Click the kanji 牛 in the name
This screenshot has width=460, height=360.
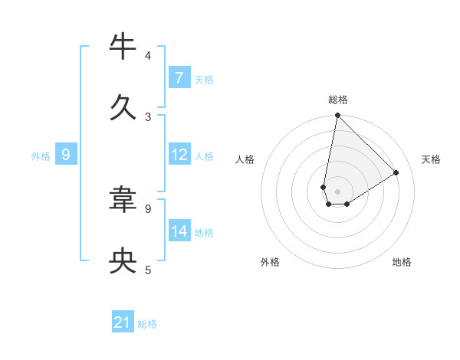pos(123,47)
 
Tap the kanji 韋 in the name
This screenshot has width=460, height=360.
pos(123,201)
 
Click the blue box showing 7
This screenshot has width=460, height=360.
pos(179,78)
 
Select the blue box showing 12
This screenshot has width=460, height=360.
pos(179,155)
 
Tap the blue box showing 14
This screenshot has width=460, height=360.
pos(179,231)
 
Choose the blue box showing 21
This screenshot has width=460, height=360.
pos(123,323)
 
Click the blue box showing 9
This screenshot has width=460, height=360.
pos(66,155)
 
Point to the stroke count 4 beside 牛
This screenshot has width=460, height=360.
pos(148,56)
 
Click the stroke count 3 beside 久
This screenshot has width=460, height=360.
pos(148,117)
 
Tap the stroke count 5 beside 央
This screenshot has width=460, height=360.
pos(148,270)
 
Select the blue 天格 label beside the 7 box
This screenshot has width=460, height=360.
pos(204,79)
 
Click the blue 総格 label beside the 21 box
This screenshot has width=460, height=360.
pos(147,324)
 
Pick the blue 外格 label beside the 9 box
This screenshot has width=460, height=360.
pos(41,155)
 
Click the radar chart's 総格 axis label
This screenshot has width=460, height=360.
pos(337,100)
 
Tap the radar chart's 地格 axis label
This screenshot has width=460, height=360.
pos(402,262)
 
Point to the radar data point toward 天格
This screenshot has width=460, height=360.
pos(396,172)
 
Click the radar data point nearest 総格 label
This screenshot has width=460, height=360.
pos(337,116)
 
